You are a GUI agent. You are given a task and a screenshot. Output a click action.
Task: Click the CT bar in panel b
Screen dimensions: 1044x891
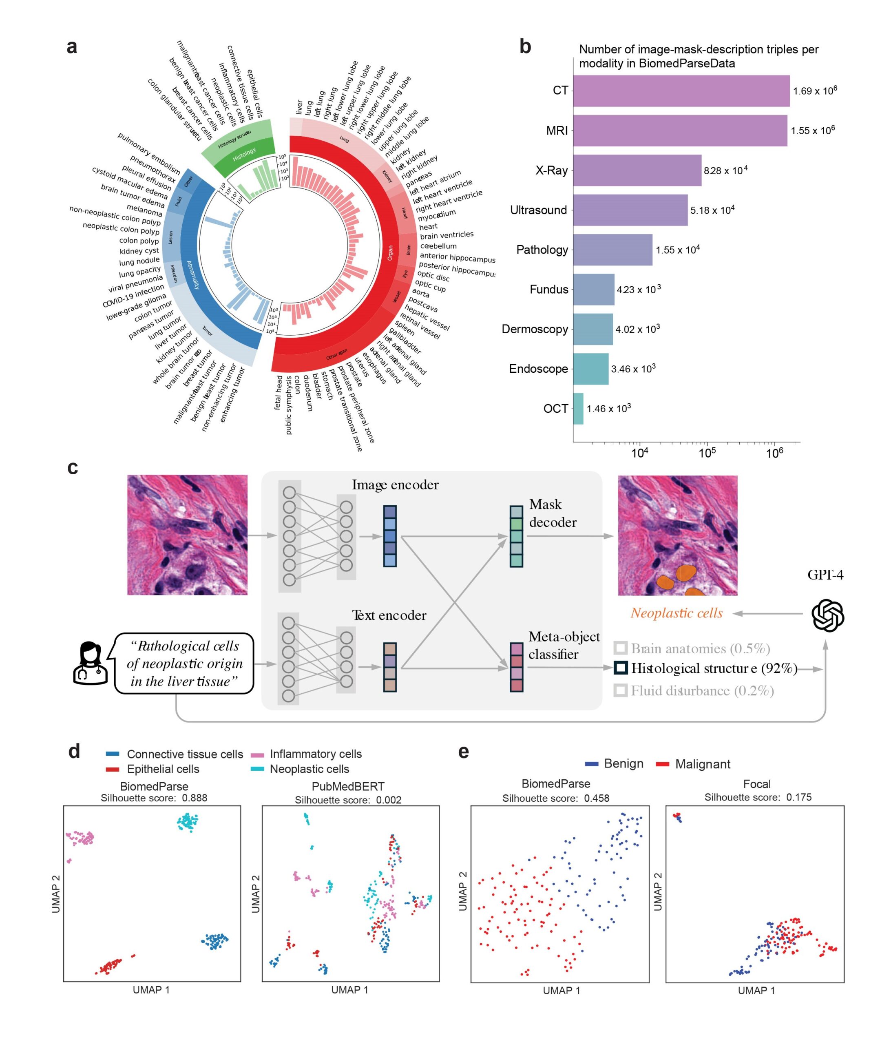(680, 91)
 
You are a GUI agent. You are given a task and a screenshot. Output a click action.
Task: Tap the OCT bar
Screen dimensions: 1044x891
(578, 408)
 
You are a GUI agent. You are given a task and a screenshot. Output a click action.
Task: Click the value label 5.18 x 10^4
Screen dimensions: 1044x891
(712, 210)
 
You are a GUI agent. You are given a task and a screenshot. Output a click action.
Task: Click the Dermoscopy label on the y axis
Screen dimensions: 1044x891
(534, 329)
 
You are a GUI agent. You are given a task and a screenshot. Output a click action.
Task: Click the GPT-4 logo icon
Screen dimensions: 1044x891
(827, 615)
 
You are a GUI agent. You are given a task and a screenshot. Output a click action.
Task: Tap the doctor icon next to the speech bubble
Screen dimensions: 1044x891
(90, 663)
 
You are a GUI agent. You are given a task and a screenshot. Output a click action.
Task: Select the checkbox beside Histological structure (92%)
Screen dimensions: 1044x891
(620, 668)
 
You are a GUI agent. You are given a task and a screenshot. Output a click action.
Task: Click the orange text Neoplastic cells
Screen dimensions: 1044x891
(677, 613)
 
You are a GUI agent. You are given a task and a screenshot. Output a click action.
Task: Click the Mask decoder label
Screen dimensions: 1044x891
(553, 513)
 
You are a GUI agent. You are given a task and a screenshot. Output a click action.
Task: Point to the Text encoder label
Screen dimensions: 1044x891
(389, 615)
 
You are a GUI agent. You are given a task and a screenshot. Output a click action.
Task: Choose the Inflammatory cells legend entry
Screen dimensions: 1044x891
(315, 754)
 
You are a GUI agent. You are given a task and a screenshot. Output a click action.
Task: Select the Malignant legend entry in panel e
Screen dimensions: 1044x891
(702, 764)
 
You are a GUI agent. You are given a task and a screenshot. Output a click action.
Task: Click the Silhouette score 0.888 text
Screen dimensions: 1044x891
(154, 798)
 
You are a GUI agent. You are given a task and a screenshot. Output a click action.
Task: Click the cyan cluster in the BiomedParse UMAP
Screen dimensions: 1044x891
(188, 822)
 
